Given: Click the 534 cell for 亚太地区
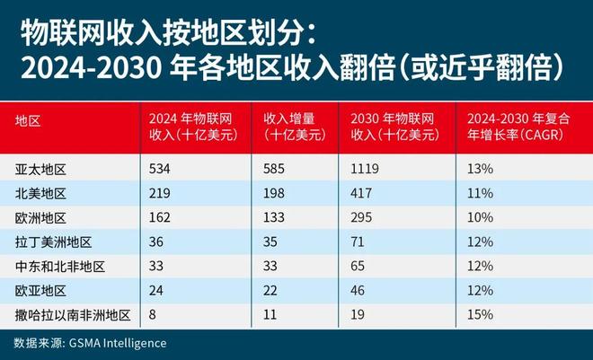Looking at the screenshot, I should coord(160,170).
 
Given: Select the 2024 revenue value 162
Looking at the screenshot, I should coord(160,218).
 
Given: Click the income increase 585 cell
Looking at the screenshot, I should coord(275,170).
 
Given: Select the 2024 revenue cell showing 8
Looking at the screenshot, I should coord(154,315).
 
